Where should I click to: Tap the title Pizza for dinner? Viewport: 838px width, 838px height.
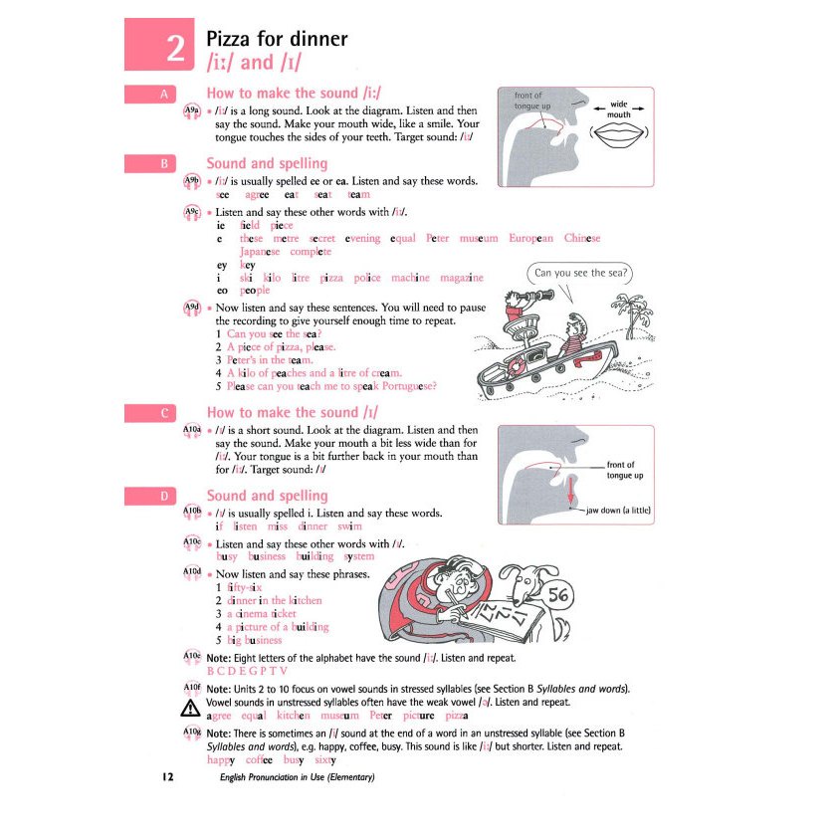(x=276, y=39)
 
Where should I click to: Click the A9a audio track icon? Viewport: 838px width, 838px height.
(x=193, y=110)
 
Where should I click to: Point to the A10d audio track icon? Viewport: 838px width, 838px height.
(x=193, y=573)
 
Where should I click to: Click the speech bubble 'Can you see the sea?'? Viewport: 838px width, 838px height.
(x=582, y=273)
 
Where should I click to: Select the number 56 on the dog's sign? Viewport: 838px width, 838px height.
(x=558, y=595)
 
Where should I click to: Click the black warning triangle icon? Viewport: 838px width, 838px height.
(x=191, y=709)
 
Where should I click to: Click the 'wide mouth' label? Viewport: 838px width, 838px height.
(x=618, y=108)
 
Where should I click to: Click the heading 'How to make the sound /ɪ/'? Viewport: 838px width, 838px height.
(x=292, y=412)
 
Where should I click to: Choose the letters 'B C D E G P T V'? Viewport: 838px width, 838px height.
(x=247, y=671)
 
